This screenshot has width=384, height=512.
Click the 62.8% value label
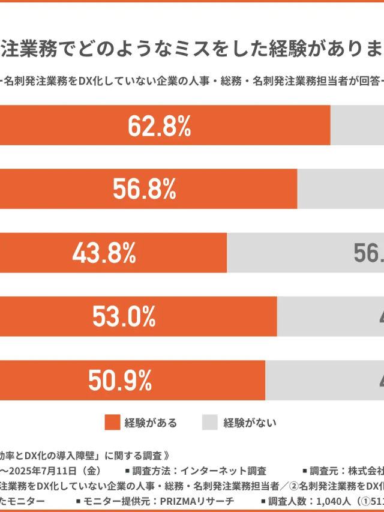coord(159,126)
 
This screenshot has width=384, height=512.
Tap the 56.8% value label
coord(144,190)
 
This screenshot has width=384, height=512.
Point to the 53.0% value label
coord(124,316)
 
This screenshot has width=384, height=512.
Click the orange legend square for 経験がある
coord(112,423)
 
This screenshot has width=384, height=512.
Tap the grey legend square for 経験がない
coord(209,423)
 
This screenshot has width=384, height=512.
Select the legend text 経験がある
coord(151,423)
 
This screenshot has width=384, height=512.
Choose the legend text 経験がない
coord(250,423)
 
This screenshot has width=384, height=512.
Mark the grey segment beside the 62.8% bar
coord(357,126)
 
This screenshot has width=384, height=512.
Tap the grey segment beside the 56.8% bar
coord(340,190)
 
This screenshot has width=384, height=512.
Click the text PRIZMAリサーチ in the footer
coord(200,501)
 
